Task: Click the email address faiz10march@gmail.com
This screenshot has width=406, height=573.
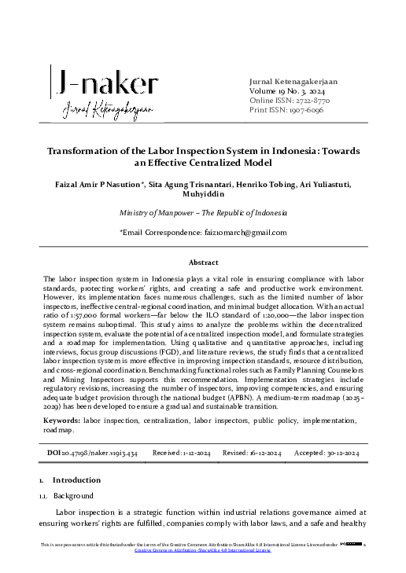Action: (237, 232)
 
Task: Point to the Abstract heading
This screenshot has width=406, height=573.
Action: (203, 262)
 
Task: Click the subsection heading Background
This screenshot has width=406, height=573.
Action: (74, 496)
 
